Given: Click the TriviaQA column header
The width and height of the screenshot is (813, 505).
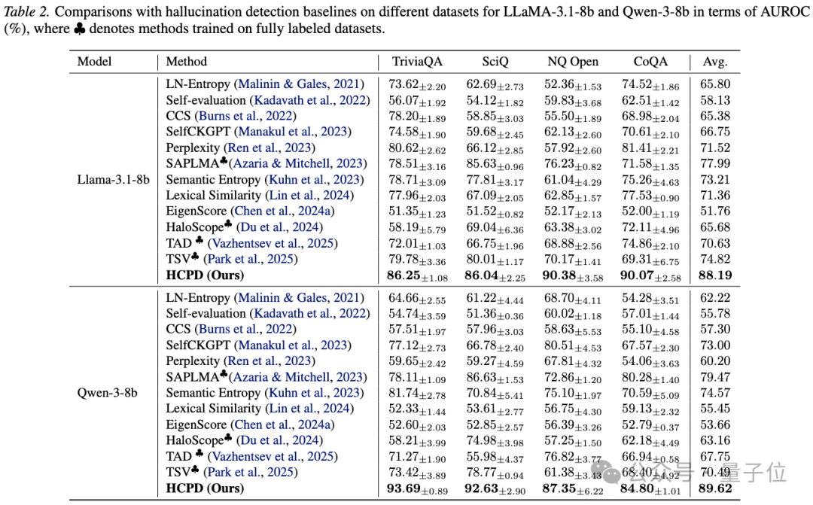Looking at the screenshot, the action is pyautogui.click(x=417, y=62).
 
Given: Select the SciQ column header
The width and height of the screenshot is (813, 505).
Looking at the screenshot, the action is pyautogui.click(x=495, y=62).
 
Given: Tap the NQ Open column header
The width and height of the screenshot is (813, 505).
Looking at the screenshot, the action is pyautogui.click(x=573, y=62).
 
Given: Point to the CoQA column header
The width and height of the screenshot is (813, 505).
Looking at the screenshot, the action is pyautogui.click(x=650, y=62).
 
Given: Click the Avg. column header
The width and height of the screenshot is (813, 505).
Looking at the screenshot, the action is pyautogui.click(x=715, y=62).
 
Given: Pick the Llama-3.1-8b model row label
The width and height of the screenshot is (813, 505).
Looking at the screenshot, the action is pyautogui.click(x=113, y=179).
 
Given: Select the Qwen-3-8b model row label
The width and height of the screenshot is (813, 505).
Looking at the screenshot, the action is pyautogui.click(x=108, y=393).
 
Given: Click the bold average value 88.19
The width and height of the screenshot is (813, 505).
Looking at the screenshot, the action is pyautogui.click(x=715, y=275).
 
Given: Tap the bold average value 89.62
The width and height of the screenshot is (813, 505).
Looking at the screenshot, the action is pyautogui.click(x=715, y=488).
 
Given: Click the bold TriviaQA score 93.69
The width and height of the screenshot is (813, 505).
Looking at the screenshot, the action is pyautogui.click(x=403, y=488).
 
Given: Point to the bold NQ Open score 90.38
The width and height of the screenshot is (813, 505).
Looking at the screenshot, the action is pyautogui.click(x=559, y=275).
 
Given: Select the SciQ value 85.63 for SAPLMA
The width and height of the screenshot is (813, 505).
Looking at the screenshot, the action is pyautogui.click(x=481, y=163).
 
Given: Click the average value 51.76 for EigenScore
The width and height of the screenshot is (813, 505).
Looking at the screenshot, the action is pyautogui.click(x=715, y=211).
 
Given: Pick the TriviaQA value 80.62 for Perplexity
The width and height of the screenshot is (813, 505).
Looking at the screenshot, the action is pyautogui.click(x=403, y=148).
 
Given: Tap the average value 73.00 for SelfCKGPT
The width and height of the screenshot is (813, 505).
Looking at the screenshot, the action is pyautogui.click(x=715, y=345).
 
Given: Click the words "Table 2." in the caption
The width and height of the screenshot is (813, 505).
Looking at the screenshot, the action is pyautogui.click(x=26, y=12).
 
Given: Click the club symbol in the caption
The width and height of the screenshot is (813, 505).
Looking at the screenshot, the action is pyautogui.click(x=80, y=29).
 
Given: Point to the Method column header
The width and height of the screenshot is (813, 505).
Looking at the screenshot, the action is pyautogui.click(x=186, y=62).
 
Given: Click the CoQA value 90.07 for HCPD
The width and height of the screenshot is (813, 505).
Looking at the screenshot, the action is pyautogui.click(x=637, y=275).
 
